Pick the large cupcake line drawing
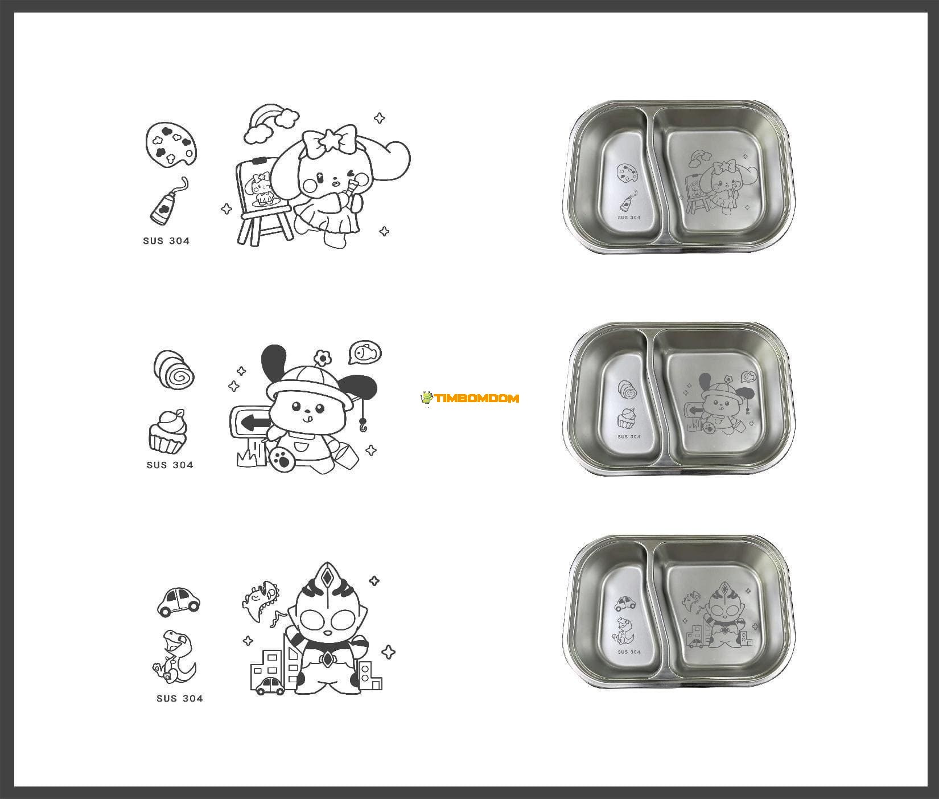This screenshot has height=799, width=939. (168, 431)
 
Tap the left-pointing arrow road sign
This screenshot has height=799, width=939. (253, 423)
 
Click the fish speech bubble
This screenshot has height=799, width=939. (365, 353)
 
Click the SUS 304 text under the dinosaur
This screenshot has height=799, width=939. (179, 699)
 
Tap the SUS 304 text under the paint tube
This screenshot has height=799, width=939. (166, 241)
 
